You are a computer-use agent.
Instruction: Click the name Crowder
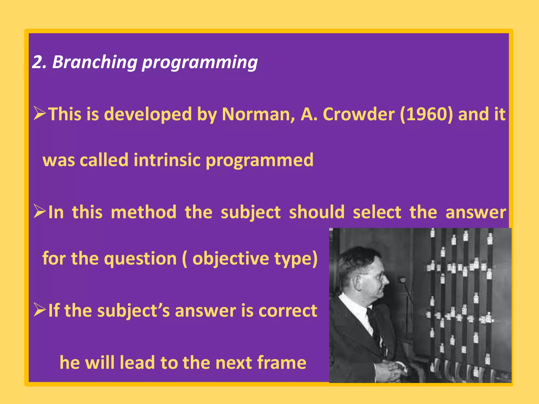[x=358, y=114]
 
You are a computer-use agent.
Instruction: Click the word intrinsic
[x=167, y=160]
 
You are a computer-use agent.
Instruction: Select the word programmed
[x=259, y=160]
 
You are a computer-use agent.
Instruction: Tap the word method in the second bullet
[x=143, y=212]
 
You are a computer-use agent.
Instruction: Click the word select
[x=377, y=212]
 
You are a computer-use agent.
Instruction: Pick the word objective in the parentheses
[x=231, y=259]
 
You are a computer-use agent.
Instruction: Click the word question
[x=140, y=259]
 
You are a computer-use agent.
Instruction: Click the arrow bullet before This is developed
[x=40, y=114]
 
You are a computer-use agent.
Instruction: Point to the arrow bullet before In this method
[x=40, y=211]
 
